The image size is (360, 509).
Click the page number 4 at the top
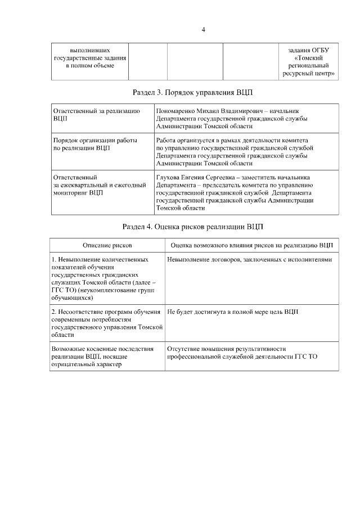coord(203,29)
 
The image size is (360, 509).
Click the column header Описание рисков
coord(107,246)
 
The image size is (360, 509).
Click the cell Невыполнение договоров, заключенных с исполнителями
coord(250,260)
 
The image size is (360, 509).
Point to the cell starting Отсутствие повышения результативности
coord(242,353)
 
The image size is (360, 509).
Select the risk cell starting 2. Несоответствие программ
coord(106,322)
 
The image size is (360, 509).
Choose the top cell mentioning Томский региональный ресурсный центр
coord(308,62)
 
